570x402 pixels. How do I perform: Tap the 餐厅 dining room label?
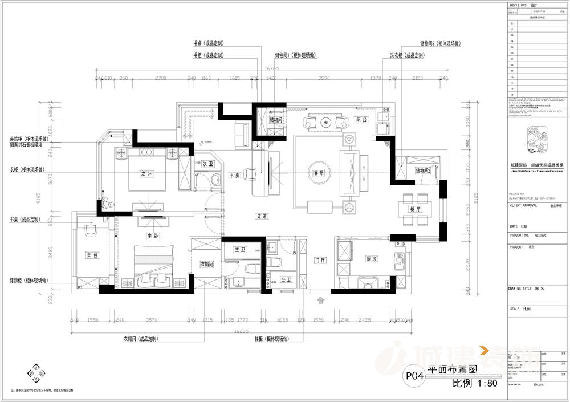coord(415,210)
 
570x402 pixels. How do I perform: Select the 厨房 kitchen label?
coord(371,259)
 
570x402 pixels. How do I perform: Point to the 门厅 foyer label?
coord(320,260)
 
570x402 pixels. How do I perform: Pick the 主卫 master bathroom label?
coord(239,249)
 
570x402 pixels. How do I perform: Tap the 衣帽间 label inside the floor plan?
coord(206,264)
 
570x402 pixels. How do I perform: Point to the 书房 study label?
coord(234,175)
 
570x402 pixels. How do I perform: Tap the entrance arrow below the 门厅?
coord(320,299)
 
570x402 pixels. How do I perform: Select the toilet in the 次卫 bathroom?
coord(215,182)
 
